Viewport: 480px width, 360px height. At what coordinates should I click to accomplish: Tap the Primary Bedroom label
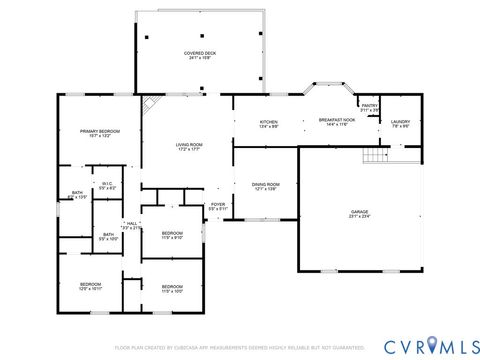click(x=95, y=133)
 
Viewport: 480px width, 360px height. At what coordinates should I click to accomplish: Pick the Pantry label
click(x=369, y=106)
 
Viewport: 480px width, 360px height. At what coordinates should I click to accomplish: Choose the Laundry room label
click(x=401, y=123)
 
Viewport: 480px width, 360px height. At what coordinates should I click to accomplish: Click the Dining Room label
click(x=265, y=186)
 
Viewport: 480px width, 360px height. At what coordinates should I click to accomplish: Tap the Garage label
click(x=359, y=214)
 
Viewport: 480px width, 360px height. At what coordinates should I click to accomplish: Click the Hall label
click(x=131, y=225)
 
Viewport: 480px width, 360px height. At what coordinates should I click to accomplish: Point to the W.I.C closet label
click(x=108, y=185)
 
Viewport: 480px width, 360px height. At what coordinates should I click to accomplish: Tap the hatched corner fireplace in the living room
click(x=149, y=104)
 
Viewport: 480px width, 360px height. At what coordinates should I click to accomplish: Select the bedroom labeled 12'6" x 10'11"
click(x=91, y=286)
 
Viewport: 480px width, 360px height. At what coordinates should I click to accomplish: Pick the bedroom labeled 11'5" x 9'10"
click(x=172, y=235)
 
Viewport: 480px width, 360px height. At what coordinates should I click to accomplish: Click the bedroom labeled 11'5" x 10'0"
click(x=172, y=288)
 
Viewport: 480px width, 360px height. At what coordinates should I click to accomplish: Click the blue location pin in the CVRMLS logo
click(x=432, y=346)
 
